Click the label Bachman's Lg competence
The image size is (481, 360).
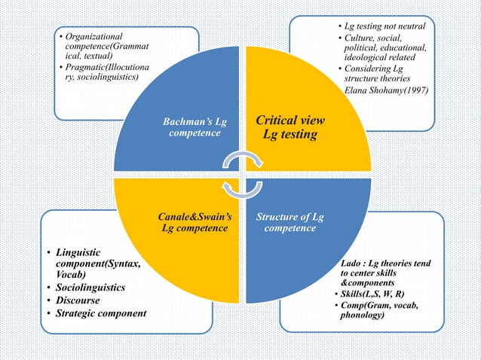tap(195, 127)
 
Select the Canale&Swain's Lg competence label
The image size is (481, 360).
tap(195, 223)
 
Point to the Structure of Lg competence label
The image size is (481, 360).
tap(290, 223)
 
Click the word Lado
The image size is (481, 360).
tap(353, 263)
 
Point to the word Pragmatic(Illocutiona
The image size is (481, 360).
tap(107, 68)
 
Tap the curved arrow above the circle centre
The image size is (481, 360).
tap(243, 160)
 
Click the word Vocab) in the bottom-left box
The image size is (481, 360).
tap(72, 276)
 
